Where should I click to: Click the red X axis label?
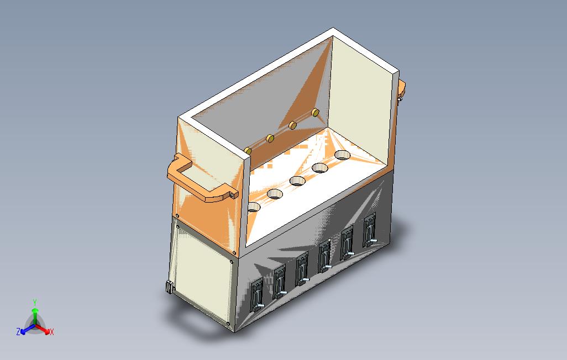[x=51, y=332]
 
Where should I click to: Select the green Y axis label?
[x=35, y=302]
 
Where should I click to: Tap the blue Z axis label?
[x=18, y=332]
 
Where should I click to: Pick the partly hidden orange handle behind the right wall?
[x=402, y=88]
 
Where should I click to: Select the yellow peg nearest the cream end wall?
[x=315, y=113]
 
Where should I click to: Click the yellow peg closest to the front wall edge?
[x=248, y=150]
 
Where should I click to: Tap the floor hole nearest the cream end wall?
[x=343, y=155]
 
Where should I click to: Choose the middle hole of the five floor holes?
[x=298, y=181]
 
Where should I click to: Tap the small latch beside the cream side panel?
[x=169, y=287]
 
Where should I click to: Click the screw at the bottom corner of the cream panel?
[x=227, y=322]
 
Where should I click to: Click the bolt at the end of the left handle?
[x=233, y=194]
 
